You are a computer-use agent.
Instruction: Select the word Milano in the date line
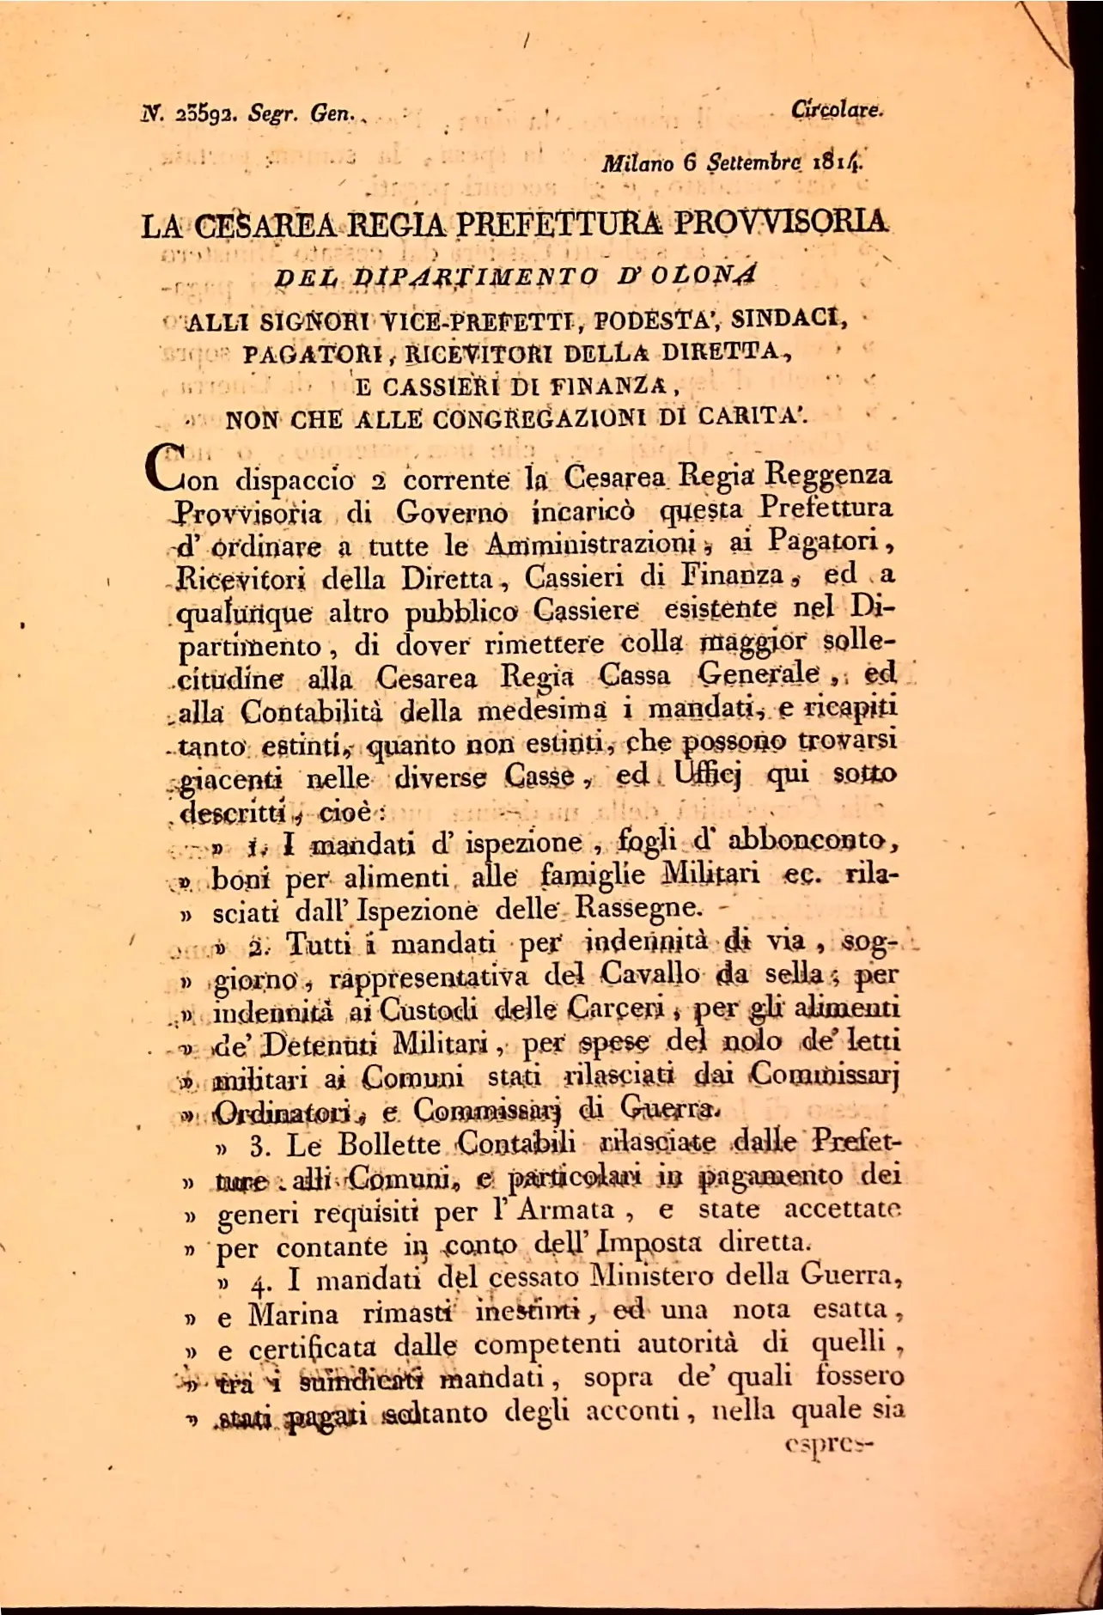click(638, 162)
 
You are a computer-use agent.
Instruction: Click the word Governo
click(452, 513)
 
